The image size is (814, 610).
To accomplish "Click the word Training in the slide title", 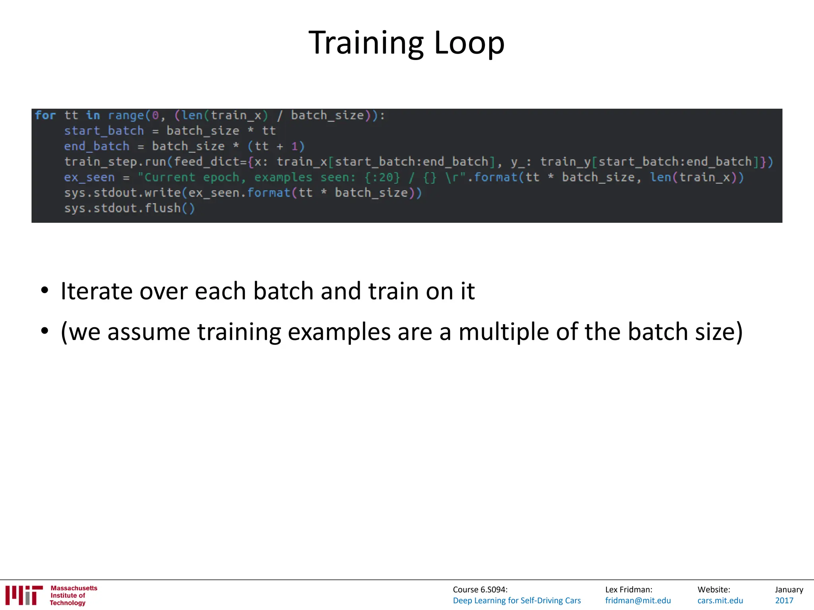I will [x=366, y=43].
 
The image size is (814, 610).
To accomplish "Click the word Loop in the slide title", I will [x=469, y=43].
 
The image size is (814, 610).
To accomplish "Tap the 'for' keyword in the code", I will [x=45, y=116].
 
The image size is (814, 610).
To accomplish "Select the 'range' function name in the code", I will [x=126, y=116].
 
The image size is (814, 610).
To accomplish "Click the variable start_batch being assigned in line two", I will [x=104, y=131].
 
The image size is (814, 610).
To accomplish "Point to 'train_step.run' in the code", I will [x=115, y=162].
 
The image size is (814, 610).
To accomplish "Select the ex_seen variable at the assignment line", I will [x=89, y=177].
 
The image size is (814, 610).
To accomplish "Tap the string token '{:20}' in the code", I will [x=382, y=177].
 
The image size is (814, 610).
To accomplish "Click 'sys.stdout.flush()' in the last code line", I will [x=130, y=208].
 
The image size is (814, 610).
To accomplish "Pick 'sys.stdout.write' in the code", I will [x=122, y=193].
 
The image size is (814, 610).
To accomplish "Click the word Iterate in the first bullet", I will [x=97, y=291].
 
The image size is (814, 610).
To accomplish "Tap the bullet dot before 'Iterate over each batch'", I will [x=45, y=290].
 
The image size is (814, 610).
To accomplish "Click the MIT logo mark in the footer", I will [x=24, y=595].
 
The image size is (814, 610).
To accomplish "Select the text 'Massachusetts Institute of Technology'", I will [x=73, y=595].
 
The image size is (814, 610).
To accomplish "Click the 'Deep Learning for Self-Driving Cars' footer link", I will [x=517, y=600].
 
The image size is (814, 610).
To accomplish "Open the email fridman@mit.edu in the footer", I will [x=638, y=600].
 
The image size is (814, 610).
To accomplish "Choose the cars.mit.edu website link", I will [x=720, y=600].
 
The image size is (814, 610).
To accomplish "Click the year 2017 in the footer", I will [x=784, y=600].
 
